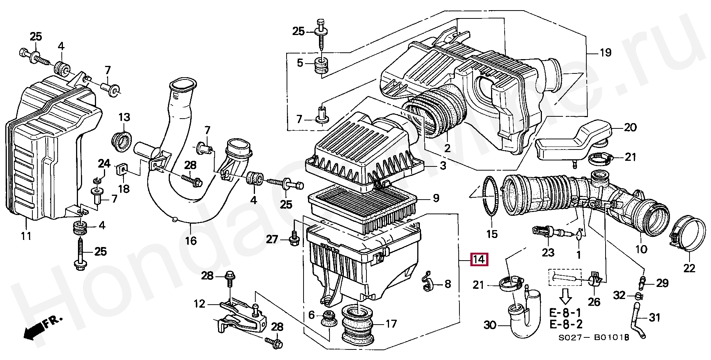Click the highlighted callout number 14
tap(479, 259)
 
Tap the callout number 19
tap(605, 53)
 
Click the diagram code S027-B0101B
tap(594, 337)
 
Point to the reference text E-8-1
tap(565, 313)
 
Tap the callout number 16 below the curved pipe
tap(191, 240)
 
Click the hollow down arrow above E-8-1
tap(565, 296)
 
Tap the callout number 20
tap(630, 128)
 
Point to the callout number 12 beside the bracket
tap(199, 304)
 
